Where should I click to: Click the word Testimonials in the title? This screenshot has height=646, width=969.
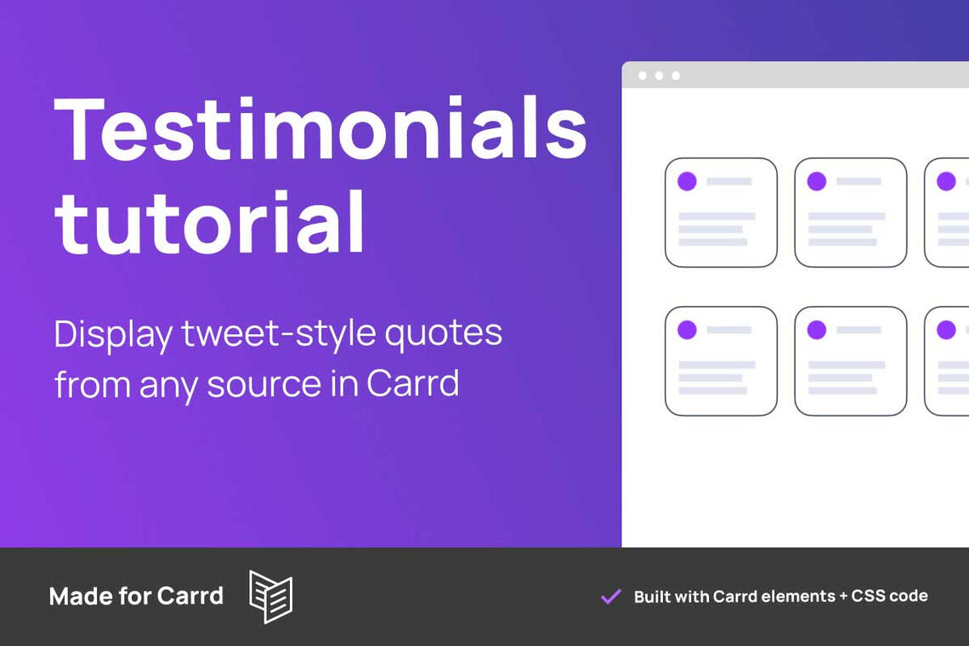pos(320,128)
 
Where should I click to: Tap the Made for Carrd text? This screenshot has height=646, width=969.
pos(136,596)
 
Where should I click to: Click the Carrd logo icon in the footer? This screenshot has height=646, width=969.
pos(270,596)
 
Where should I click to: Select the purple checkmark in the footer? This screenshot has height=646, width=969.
pos(610,597)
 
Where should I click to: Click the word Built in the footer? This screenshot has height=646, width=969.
pos(652,596)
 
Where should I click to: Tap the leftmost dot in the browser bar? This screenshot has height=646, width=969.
pos(643,76)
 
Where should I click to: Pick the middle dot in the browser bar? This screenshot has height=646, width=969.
pos(659,76)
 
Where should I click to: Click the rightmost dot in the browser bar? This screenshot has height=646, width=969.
pos(676,76)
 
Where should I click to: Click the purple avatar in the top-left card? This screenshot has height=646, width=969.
pos(687,181)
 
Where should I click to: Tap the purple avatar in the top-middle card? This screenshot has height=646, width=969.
pos(816,181)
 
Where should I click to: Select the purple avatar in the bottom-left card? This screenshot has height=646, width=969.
pos(687,330)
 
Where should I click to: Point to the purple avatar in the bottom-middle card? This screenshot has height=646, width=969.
pos(816,330)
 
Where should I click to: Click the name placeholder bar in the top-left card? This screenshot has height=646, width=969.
pos(729,181)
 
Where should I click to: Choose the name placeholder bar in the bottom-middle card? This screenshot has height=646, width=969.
pos(858,330)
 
